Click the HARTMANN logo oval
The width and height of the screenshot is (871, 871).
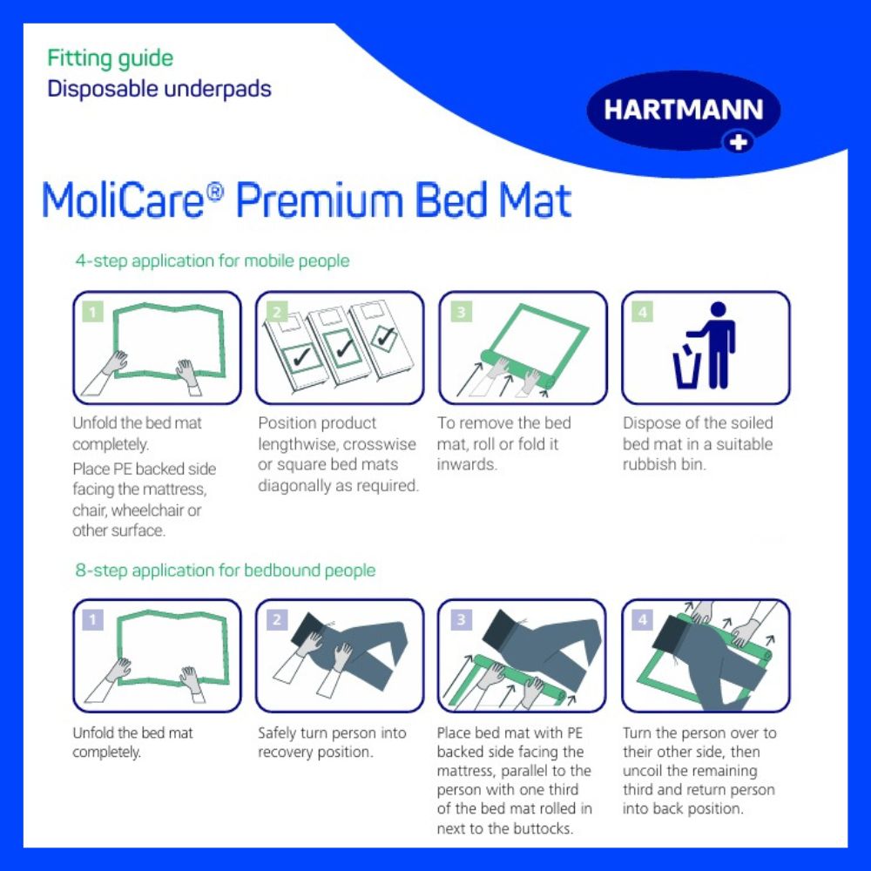(x=683, y=111)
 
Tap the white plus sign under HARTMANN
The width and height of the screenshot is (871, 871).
(x=739, y=141)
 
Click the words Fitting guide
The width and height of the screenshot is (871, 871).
(x=110, y=59)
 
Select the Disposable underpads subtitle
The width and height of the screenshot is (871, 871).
(x=159, y=89)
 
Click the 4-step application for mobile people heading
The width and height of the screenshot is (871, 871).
(x=213, y=260)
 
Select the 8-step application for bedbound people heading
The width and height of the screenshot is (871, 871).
(x=226, y=571)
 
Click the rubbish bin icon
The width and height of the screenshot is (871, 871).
(x=685, y=368)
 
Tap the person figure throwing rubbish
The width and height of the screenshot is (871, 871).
(x=718, y=345)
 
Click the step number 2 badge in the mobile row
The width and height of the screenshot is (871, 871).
(x=276, y=311)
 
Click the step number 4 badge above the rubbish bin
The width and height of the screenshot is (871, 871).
(x=642, y=311)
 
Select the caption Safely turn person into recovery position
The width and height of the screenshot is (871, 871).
(x=332, y=742)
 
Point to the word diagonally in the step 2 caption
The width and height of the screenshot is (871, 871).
(x=296, y=486)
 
